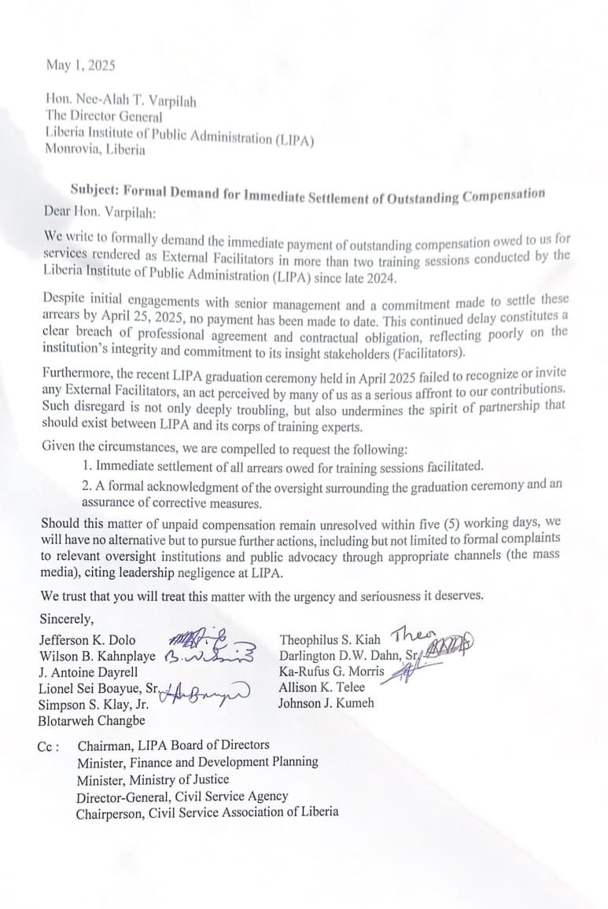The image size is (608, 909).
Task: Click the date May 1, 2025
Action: pyautogui.click(x=80, y=66)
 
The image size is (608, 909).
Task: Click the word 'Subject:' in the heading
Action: pyautogui.click(x=94, y=190)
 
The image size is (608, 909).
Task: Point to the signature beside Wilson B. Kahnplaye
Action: pyautogui.click(x=209, y=655)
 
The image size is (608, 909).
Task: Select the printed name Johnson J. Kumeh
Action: pyautogui.click(x=326, y=703)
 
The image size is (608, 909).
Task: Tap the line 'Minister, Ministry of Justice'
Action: pyautogui.click(x=153, y=779)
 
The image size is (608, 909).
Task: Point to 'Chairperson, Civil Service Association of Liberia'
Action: pyautogui.click(x=207, y=811)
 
